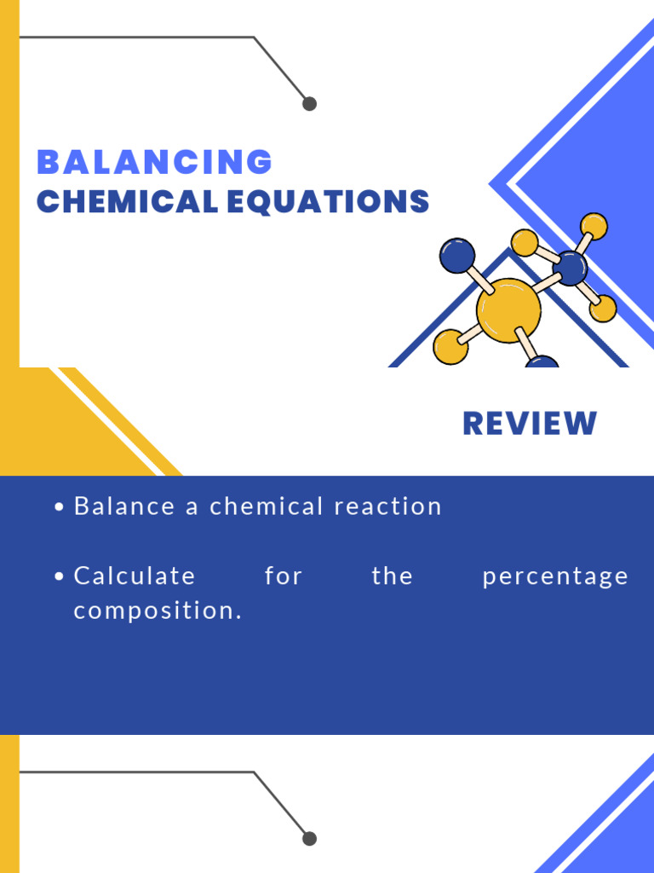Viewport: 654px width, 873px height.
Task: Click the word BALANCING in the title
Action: (x=154, y=162)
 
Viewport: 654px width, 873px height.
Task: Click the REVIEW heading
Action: (x=530, y=424)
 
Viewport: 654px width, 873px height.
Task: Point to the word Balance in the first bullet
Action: (x=123, y=506)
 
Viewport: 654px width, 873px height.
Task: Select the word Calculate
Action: (x=135, y=576)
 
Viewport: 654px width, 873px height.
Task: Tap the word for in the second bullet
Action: (x=284, y=576)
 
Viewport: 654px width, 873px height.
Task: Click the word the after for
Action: (x=393, y=576)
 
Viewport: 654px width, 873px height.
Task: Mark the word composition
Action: (x=158, y=612)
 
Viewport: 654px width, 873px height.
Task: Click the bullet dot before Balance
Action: (x=59, y=507)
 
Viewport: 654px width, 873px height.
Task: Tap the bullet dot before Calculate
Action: (x=59, y=577)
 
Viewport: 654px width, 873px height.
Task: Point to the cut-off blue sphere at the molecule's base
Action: (x=542, y=361)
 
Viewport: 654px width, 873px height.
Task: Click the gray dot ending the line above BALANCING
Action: (x=309, y=104)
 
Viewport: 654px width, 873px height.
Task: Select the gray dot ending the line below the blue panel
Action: (x=309, y=839)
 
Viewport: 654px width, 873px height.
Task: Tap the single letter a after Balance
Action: (x=192, y=507)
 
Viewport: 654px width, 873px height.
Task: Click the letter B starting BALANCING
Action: (x=48, y=162)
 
